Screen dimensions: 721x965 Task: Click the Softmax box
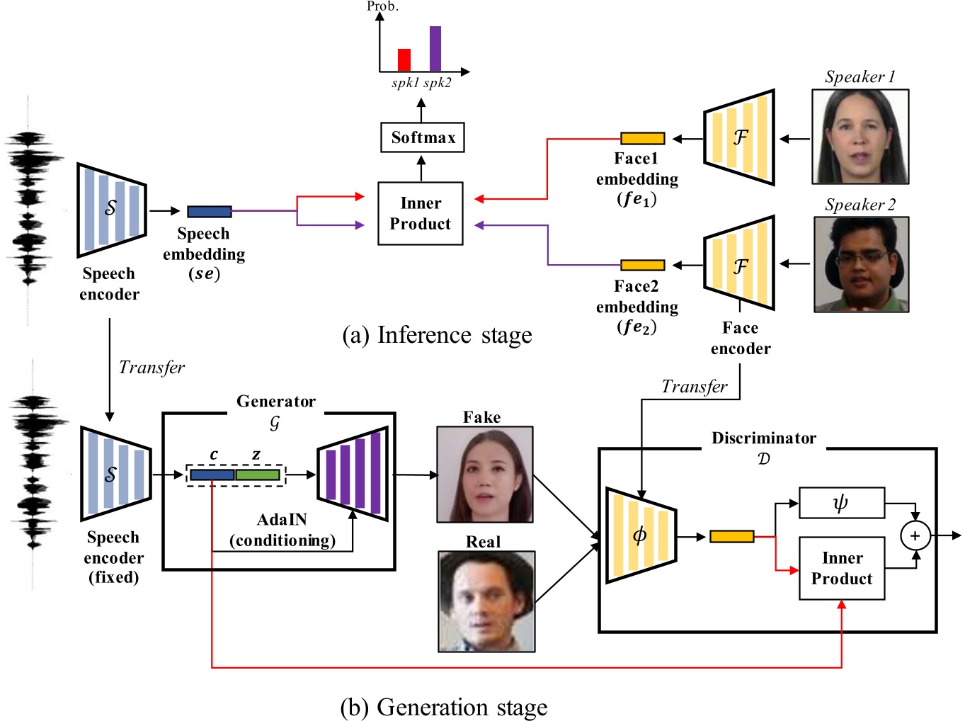click(422, 137)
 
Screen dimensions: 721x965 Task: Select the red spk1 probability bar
click(404, 60)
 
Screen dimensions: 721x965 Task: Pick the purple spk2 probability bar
click(435, 49)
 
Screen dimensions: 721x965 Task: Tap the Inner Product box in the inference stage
click(421, 213)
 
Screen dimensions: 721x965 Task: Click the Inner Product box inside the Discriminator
click(842, 568)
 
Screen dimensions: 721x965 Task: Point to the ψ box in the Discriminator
click(841, 503)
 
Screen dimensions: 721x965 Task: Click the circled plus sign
click(915, 535)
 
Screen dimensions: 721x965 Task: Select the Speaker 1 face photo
click(860, 137)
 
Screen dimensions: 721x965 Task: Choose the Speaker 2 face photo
click(861, 264)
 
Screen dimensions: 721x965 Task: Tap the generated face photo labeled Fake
click(485, 475)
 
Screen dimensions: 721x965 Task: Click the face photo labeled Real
click(486, 601)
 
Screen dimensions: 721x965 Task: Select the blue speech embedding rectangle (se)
click(210, 211)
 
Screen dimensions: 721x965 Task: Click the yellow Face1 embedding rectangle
click(642, 138)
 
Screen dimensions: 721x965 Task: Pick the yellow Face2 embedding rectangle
click(642, 265)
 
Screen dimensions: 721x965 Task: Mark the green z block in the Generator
click(258, 475)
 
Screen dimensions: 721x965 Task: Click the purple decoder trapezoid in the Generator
click(354, 474)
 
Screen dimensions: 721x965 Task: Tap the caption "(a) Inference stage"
click(437, 335)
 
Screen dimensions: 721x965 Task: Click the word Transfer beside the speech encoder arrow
click(152, 367)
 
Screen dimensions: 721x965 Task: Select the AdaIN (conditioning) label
click(282, 530)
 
